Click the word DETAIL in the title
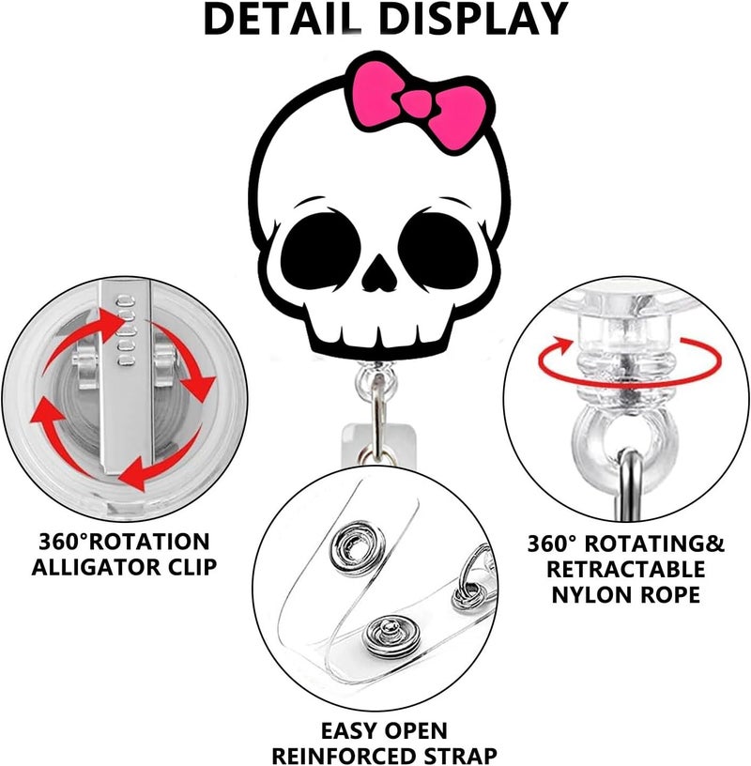(283, 19)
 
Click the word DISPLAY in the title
(473, 19)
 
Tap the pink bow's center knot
(417, 103)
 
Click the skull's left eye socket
(321, 247)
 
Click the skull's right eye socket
(438, 247)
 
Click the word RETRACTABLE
(626, 569)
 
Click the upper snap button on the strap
(356, 547)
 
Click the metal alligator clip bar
(125, 376)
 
